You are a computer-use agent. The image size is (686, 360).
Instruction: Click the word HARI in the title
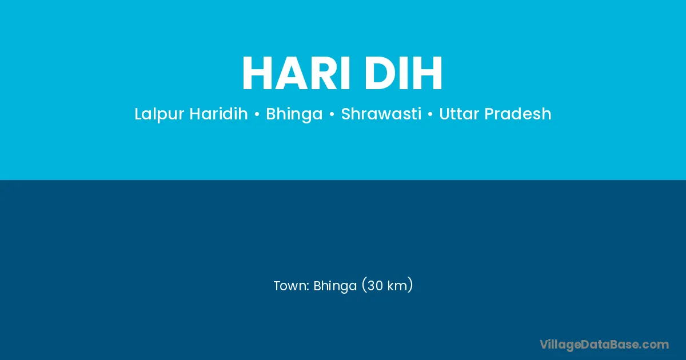pos(296,73)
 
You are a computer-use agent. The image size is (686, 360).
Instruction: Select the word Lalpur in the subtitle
pos(159,114)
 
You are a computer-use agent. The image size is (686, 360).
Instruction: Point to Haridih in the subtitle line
pos(218,114)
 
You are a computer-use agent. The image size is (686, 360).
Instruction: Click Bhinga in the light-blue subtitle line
pos(294,114)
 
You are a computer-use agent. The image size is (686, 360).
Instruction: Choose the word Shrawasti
pos(381,114)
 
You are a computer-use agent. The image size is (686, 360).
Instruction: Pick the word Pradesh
pos(518,114)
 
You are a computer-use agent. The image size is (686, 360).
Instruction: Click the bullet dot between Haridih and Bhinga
pos(257,114)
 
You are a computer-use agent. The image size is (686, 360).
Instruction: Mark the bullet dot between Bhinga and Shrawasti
pos(332,114)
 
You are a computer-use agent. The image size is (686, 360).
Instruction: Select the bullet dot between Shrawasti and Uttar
pos(430,114)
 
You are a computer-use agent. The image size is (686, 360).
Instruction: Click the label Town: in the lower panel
pos(291,286)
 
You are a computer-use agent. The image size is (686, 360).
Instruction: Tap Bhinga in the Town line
pos(335,286)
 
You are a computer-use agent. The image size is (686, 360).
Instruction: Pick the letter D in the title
pos(379,73)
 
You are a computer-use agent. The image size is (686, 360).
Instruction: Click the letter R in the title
pos(325,73)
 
